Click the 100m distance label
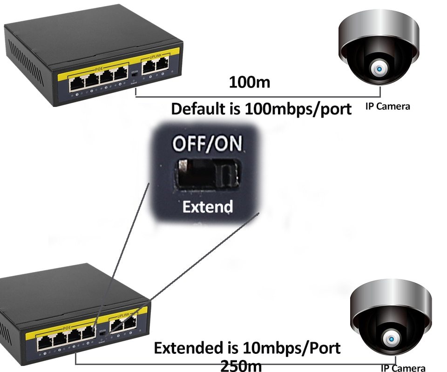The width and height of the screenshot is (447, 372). click(x=250, y=83)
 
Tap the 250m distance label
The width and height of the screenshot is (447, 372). click(x=241, y=365)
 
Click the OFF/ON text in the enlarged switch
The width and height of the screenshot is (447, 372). click(x=207, y=144)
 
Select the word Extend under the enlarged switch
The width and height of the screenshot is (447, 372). click(x=208, y=206)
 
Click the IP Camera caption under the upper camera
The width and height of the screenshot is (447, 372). click(x=387, y=106)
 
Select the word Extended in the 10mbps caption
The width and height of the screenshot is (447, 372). click(x=196, y=348)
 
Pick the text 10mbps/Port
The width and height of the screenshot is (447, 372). click(x=292, y=348)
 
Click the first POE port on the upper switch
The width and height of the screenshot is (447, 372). click(x=77, y=84)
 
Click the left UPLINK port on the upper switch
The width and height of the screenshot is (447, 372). click(x=149, y=67)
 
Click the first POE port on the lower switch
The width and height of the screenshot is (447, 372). click(x=45, y=344)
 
